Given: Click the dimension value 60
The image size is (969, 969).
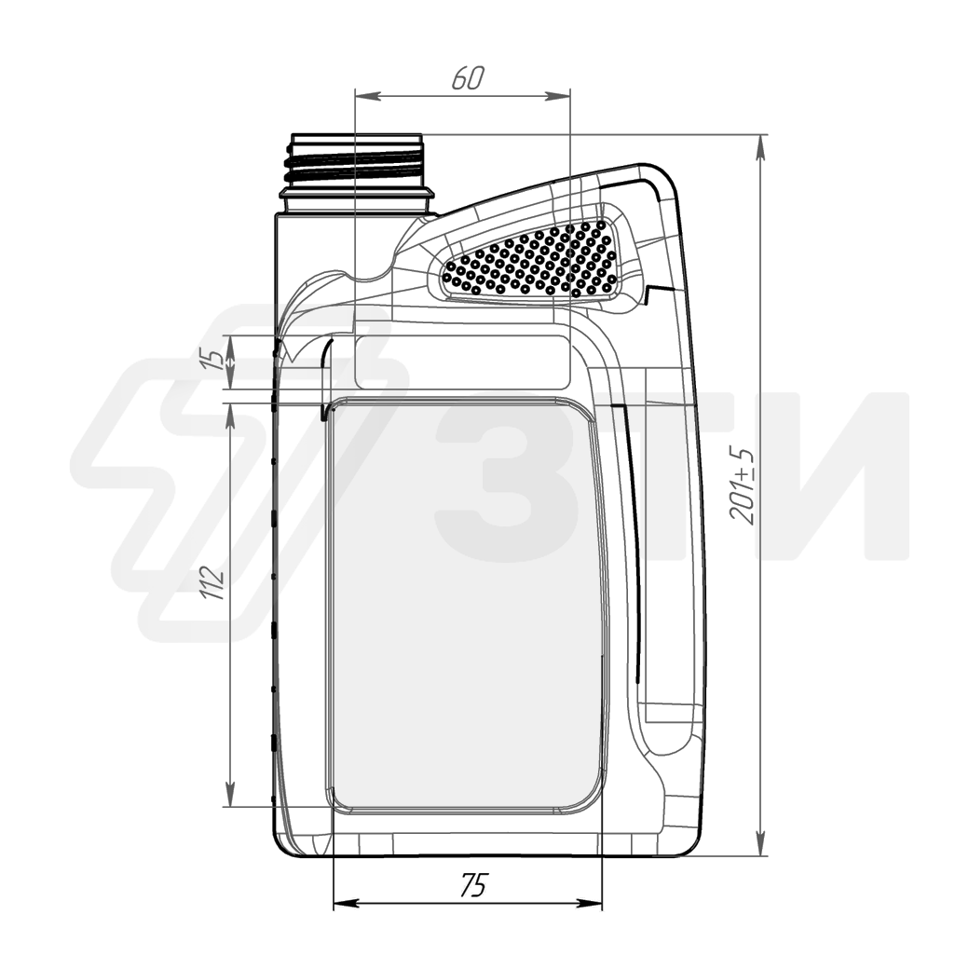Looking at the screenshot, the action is pyautogui.click(x=468, y=77).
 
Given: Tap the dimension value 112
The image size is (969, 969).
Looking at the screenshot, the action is pyautogui.click(x=212, y=581).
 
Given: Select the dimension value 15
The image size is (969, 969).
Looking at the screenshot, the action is pyautogui.click(x=212, y=359).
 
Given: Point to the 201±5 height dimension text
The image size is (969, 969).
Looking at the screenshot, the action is pyautogui.click(x=742, y=485).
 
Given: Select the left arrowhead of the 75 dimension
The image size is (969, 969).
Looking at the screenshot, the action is pyautogui.click(x=346, y=904).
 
